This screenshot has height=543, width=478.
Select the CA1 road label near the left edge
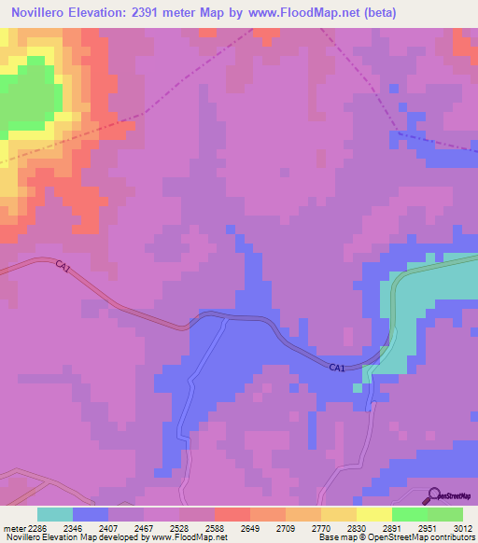[x=63, y=267]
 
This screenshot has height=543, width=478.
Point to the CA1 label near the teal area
[x=337, y=369]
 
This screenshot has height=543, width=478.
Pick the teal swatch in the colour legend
[x=55, y=514]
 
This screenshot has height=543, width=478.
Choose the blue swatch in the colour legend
[x=91, y=514]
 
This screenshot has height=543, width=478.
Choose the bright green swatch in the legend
[x=410, y=514]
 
